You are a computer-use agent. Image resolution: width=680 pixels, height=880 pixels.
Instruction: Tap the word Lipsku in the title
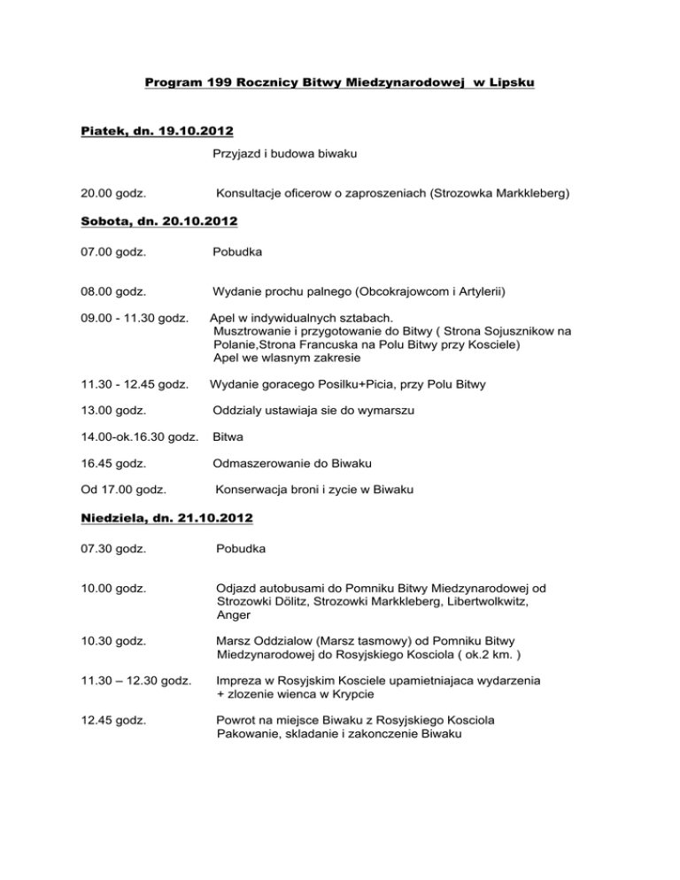513,84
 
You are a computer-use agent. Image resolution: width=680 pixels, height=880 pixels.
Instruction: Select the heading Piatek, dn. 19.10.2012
151,131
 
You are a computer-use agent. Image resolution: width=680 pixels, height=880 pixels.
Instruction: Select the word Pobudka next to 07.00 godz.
238,251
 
